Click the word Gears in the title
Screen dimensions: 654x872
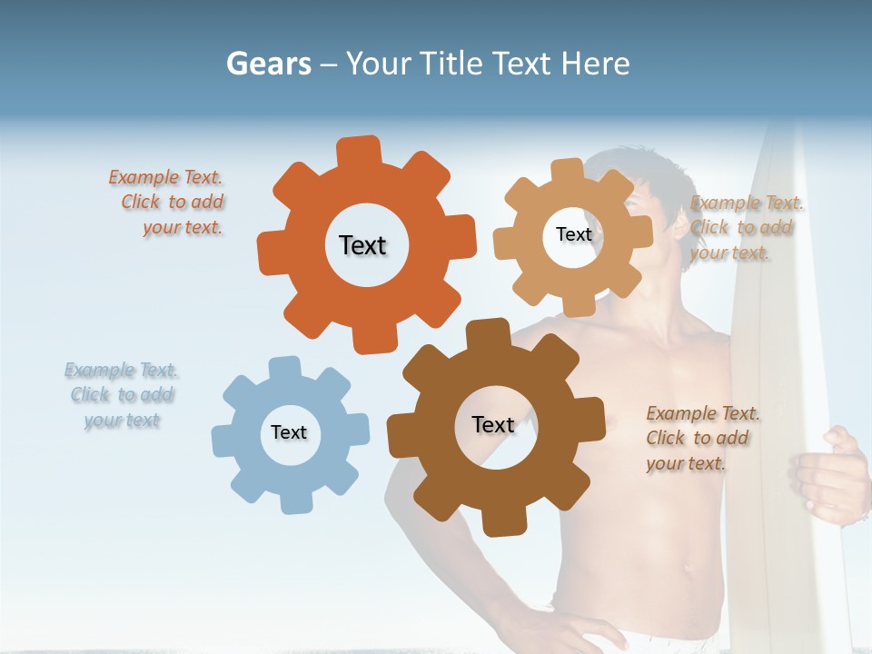coord(268,64)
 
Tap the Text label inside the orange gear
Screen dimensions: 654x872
coord(362,245)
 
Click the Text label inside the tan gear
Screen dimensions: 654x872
coord(573,234)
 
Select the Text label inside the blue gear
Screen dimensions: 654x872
coord(289,432)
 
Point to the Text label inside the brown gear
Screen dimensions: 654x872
coord(493,424)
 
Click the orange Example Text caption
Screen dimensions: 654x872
coord(167,203)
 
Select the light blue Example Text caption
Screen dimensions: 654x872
coord(121,395)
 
